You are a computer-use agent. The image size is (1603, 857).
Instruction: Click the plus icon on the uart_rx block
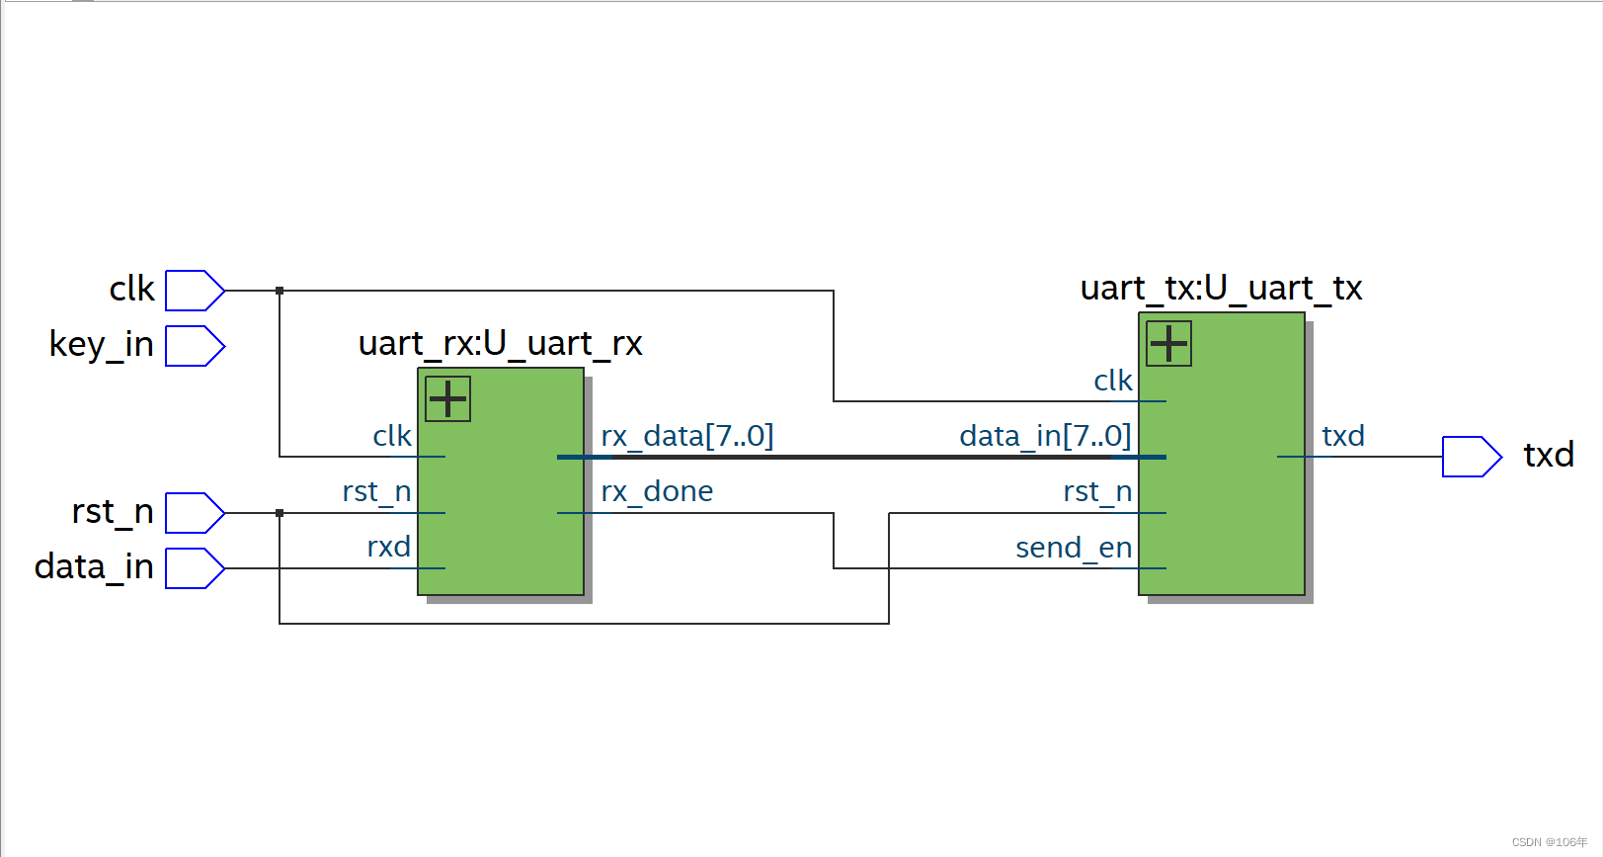447,399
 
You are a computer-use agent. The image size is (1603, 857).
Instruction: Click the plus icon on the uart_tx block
1168,344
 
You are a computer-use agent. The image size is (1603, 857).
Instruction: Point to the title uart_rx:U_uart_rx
500,344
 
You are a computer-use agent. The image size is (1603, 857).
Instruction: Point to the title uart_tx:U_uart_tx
1221,289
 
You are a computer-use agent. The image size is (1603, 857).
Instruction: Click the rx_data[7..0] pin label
687,436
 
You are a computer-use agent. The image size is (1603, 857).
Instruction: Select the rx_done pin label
657,491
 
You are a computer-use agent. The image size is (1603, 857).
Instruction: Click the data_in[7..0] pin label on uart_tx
1045,436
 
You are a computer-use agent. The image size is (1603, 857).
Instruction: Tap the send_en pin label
1074,548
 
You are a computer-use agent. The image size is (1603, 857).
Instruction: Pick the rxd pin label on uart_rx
388,547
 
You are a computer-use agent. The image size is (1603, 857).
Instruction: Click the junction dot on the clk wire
280,291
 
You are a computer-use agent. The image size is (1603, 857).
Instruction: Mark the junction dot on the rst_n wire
280,513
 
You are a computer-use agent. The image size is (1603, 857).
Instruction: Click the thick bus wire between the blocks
859,457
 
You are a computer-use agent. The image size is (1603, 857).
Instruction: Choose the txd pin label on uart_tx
1343,436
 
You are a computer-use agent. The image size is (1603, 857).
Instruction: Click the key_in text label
101,345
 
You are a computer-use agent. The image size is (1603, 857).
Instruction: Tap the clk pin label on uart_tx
1113,381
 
